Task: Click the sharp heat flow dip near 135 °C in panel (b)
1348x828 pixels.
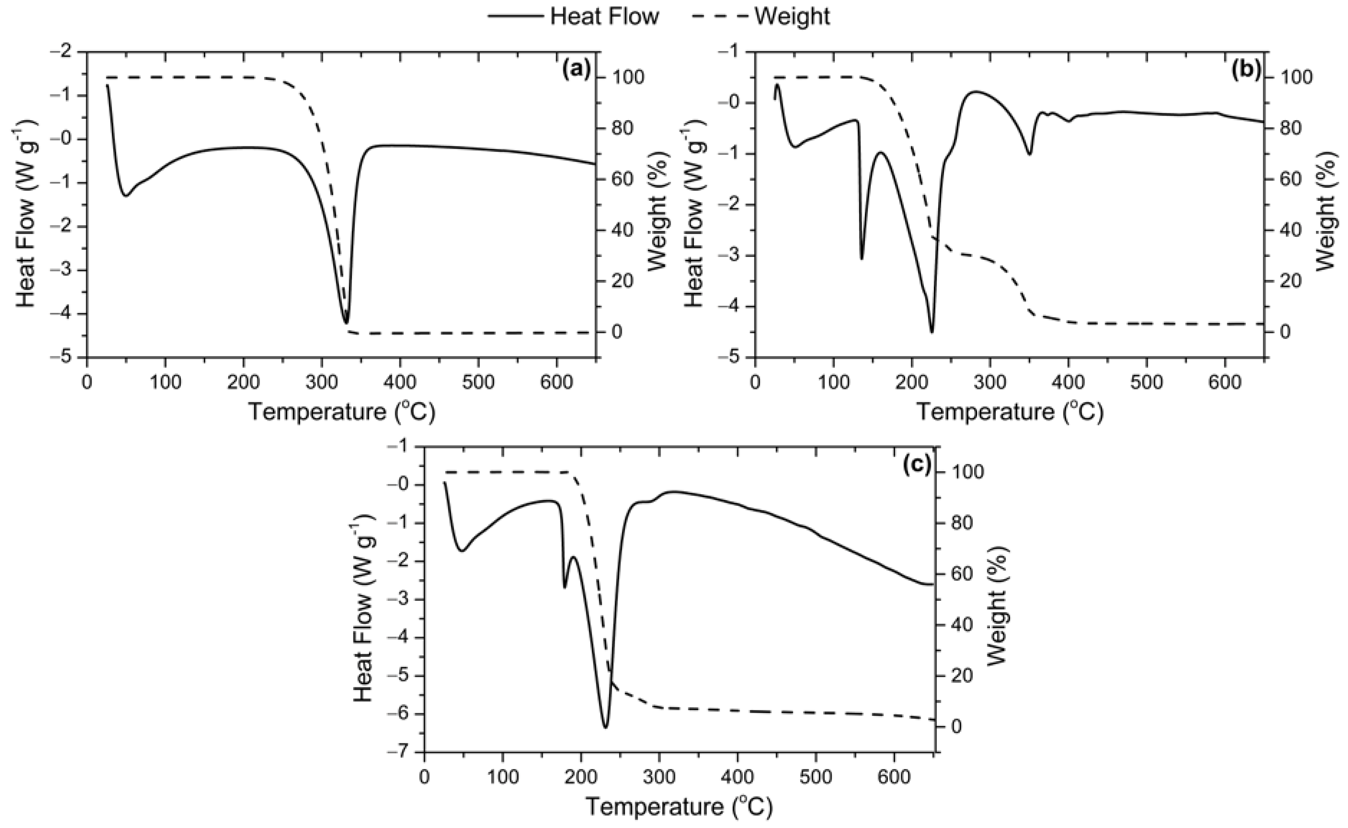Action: (862, 259)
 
